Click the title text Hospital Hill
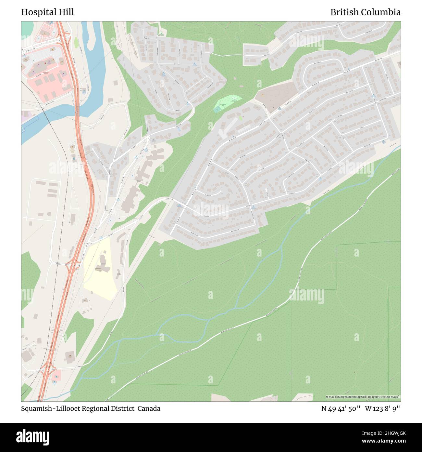[x=47, y=12]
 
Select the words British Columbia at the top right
[x=365, y=12]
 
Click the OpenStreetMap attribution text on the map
[x=363, y=397]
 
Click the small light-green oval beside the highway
[x=76, y=42]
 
